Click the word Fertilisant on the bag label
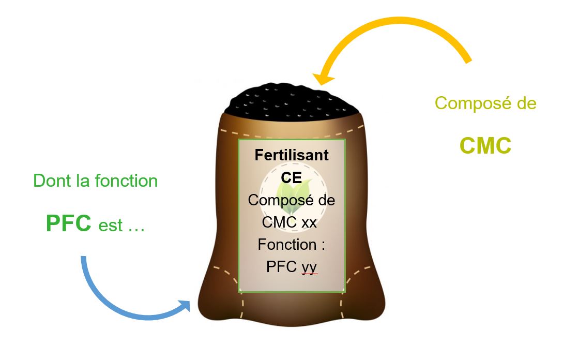[292, 155]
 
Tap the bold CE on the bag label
[292, 177]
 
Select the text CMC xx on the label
[290, 222]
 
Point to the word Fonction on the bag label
[286, 244]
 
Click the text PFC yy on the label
[292, 266]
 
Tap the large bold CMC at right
[485, 146]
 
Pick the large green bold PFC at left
[69, 223]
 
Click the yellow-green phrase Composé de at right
[485, 103]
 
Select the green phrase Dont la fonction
[96, 181]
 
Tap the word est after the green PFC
[110, 226]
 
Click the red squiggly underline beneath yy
[309, 274]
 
